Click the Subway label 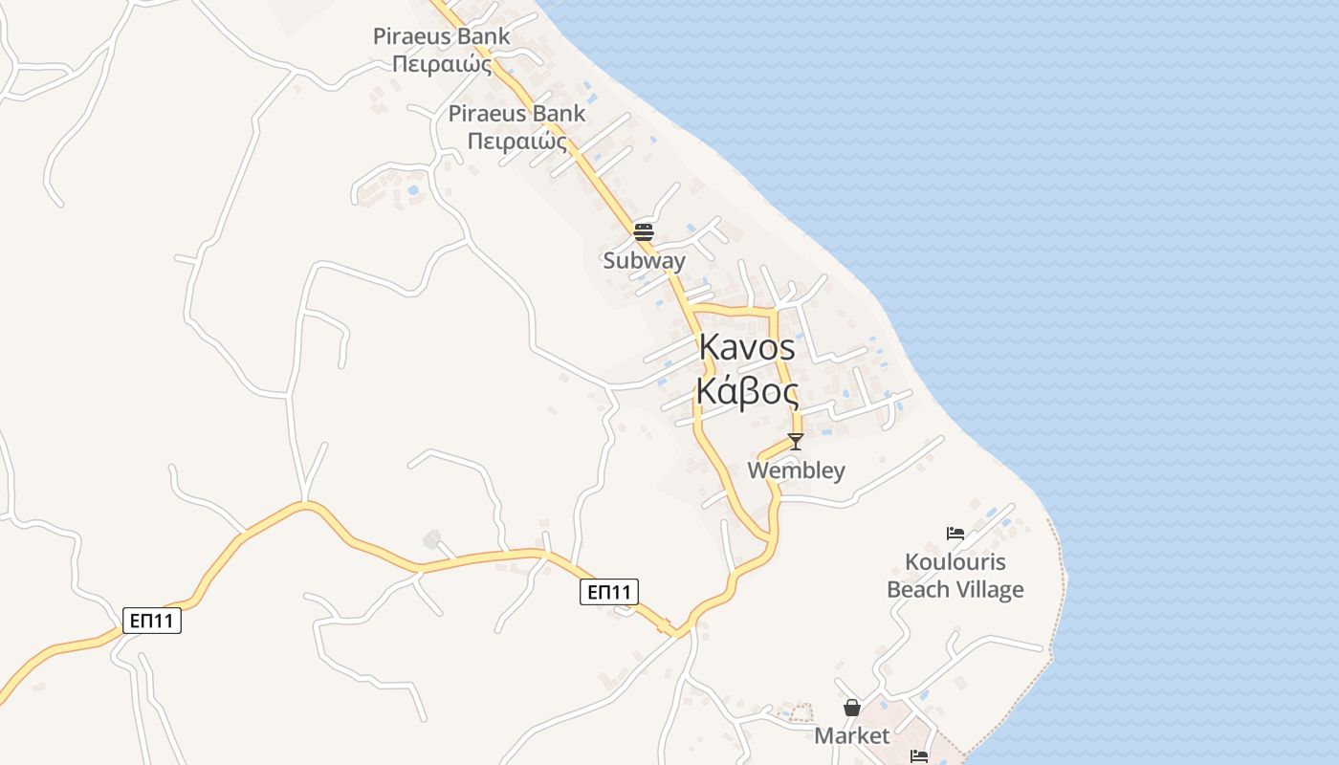(644, 260)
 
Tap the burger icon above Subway (643, 231)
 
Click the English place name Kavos (747, 347)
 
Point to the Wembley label (796, 470)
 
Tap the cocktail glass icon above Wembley (795, 441)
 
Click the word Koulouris (955, 561)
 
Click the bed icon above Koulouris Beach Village (955, 534)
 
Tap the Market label (851, 735)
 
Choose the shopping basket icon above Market (851, 708)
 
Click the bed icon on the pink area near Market (919, 755)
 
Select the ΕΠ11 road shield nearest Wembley (608, 592)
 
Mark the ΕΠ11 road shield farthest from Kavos (152, 621)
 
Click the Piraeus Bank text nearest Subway (516, 113)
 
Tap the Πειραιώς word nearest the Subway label (516, 142)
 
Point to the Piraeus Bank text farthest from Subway (441, 36)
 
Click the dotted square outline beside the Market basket (802, 712)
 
